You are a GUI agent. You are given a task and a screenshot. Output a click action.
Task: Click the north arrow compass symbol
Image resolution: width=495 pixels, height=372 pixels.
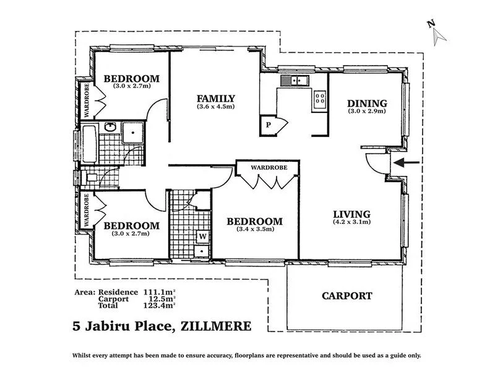437,32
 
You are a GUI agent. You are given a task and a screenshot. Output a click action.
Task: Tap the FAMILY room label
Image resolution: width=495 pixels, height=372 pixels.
215,98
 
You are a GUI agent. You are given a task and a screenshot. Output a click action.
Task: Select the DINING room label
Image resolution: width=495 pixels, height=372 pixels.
366,103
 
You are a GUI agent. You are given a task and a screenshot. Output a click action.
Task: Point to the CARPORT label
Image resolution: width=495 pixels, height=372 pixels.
346,296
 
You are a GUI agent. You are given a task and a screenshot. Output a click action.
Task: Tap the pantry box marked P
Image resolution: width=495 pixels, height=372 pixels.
269,124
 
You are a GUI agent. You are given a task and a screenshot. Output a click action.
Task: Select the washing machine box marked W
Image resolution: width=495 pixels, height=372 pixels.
202,236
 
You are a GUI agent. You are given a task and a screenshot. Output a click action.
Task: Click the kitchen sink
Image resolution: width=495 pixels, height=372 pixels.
295,80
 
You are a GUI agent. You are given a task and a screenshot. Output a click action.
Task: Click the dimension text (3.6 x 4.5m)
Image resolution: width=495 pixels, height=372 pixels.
215,106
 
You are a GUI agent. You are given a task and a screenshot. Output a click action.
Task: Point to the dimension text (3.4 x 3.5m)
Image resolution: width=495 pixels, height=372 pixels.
254,229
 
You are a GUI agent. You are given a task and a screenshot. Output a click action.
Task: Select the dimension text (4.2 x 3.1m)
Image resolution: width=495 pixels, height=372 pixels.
351,222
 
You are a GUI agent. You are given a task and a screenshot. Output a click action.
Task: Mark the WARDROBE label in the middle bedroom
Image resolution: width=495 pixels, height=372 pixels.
267,167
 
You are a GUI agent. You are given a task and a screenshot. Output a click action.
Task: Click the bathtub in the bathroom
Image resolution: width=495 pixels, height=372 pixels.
87,143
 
